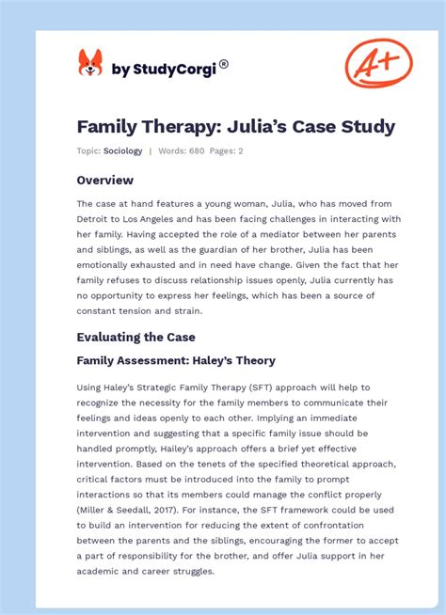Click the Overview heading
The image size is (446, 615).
pos(105,180)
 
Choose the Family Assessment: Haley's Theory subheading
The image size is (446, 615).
pos(176,360)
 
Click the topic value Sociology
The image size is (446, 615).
pos(123,151)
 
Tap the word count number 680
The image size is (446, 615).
pos(197,151)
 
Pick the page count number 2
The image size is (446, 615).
pos(241,151)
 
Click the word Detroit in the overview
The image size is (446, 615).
pos(97,219)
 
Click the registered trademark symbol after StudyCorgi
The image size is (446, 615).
pos(223,65)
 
